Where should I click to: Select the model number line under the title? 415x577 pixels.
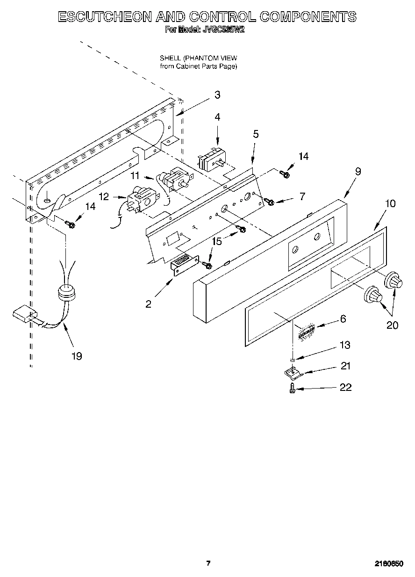[205, 30]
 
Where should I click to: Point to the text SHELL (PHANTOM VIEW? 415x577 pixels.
[198, 58]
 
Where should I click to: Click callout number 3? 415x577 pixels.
[217, 95]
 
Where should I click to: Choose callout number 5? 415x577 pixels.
[255, 134]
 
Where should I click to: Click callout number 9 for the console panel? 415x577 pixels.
[358, 171]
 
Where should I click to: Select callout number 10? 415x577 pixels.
[390, 203]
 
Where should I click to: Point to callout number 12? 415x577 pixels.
[104, 197]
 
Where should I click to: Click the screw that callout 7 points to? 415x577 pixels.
[269, 202]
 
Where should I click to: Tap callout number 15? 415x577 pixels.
[216, 241]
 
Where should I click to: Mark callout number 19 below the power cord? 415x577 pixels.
[77, 356]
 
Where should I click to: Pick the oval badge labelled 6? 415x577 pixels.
[306, 331]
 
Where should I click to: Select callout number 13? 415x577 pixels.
[344, 345]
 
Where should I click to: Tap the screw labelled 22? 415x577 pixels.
[292, 388]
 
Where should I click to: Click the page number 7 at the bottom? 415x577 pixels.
[208, 563]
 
